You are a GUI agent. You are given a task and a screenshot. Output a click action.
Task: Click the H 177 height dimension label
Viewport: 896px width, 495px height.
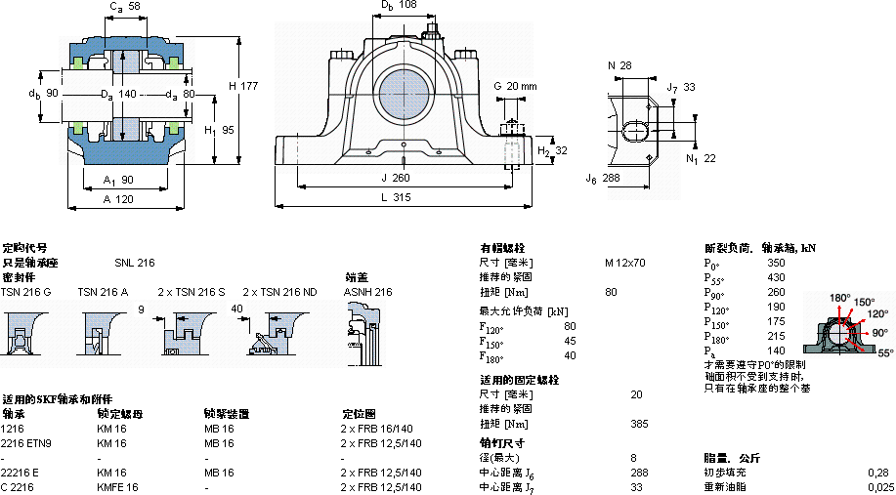coord(243,86)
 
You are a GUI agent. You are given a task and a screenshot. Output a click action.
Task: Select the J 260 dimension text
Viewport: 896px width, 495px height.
coord(395,178)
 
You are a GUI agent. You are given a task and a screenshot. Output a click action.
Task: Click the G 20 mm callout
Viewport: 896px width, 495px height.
coord(515,86)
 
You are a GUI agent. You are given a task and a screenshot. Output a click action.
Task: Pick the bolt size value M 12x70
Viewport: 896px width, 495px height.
coord(624,263)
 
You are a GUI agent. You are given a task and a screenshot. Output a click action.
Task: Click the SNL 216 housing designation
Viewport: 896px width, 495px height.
coord(134,263)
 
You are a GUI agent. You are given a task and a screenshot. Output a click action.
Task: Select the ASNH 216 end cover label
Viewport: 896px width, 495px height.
coord(367,292)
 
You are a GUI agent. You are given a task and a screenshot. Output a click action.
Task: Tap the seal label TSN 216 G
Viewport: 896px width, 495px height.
coord(26,292)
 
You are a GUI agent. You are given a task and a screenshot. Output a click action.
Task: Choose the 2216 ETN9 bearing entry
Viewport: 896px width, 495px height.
coord(26,443)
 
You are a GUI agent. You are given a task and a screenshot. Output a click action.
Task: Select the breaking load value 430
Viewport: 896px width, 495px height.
coord(776,278)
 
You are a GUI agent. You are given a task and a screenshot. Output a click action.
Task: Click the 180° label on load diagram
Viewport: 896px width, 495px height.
coord(839,297)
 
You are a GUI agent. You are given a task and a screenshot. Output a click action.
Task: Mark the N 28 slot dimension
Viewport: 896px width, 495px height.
coord(619,65)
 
